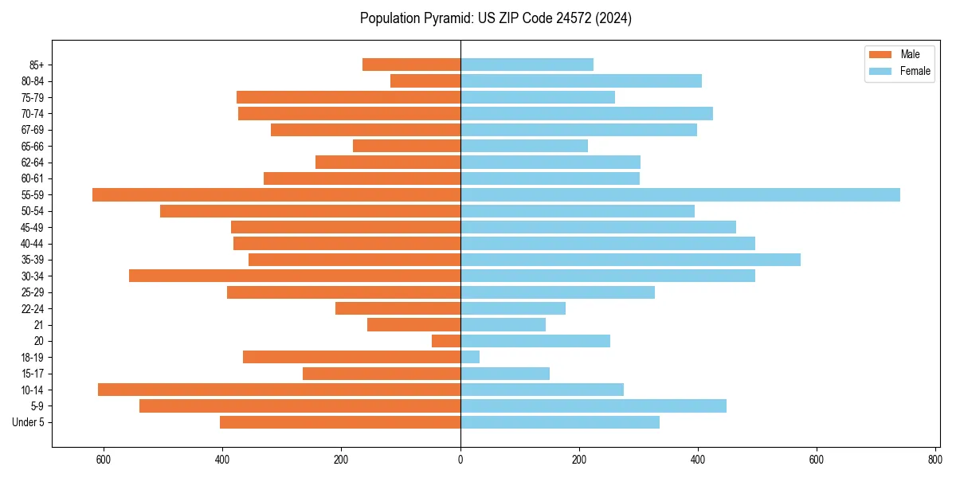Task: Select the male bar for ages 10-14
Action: pyautogui.click(x=279, y=390)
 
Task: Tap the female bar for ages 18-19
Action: pyautogui.click(x=470, y=357)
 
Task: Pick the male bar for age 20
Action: pyautogui.click(x=446, y=341)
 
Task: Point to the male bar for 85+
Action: pyautogui.click(x=411, y=65)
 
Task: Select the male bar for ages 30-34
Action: pyautogui.click(x=295, y=276)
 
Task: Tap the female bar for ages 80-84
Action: pyautogui.click(x=581, y=80)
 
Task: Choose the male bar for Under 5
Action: pyautogui.click(x=340, y=422)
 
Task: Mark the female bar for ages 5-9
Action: pyautogui.click(x=594, y=406)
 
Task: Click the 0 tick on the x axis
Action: pyautogui.click(x=460, y=460)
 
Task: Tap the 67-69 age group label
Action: pyautogui.click(x=33, y=130)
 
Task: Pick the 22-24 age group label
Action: pyautogui.click(x=33, y=308)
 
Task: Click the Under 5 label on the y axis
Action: pyautogui.click(x=29, y=422)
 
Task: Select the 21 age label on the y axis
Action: pyautogui.click(x=39, y=324)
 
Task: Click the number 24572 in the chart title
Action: pyautogui.click(x=566, y=18)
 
